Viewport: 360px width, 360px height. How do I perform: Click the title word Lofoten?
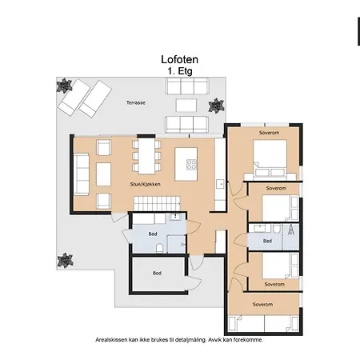coord(179,59)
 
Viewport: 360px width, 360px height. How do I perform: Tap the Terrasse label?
coord(136,102)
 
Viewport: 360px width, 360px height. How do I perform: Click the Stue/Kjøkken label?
coord(145,184)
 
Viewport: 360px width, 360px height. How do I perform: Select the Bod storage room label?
coord(157,273)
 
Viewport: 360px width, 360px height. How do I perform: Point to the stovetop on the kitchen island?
coord(191,164)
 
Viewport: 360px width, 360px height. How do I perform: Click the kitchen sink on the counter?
coord(221,184)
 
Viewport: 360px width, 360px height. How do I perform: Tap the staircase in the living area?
coord(157,204)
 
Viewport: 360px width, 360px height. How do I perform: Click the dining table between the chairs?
coord(146,156)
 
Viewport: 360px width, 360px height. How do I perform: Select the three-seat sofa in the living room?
coord(81,174)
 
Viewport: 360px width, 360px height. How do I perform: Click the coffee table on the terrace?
coord(186,106)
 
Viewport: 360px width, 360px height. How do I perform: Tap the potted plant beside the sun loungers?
coord(64,86)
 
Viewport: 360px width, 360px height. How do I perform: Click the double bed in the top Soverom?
coord(270,158)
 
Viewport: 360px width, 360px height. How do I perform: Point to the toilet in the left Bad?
coord(159,248)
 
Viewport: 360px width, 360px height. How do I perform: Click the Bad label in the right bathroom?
coord(267,241)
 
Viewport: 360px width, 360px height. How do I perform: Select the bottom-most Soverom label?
coord(262,304)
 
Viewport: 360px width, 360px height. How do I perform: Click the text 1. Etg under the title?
coord(180,71)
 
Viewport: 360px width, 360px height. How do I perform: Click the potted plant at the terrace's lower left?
coord(65,260)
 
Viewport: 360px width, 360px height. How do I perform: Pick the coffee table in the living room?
coord(103,174)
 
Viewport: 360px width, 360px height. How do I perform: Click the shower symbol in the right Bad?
coord(290,230)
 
